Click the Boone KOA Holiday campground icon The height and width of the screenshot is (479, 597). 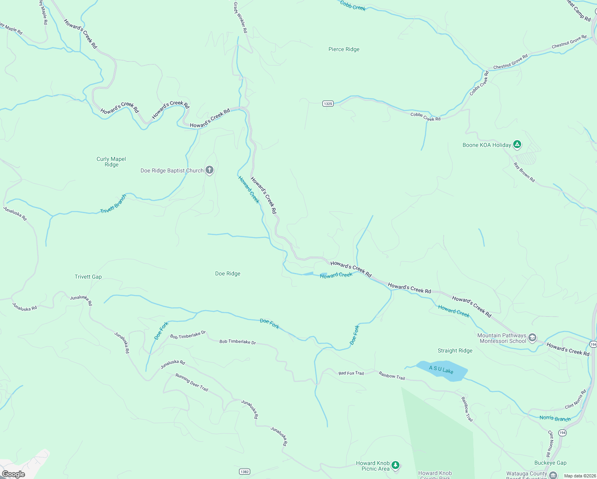pyautogui.click(x=517, y=144)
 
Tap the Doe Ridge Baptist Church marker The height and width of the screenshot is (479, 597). pyautogui.click(x=210, y=170)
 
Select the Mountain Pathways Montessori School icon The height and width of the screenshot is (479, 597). pyautogui.click(x=532, y=338)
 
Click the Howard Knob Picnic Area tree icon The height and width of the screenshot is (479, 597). pyautogui.click(x=395, y=465)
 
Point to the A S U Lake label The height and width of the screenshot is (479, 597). pyautogui.click(x=441, y=370)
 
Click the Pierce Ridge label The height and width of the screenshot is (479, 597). pyautogui.click(x=344, y=49)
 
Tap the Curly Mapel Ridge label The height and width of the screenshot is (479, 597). pyautogui.click(x=111, y=162)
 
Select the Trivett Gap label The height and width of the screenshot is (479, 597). pyautogui.click(x=88, y=277)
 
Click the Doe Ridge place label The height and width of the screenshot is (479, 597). pyautogui.click(x=227, y=273)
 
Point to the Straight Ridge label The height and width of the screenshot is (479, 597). pyautogui.click(x=455, y=350)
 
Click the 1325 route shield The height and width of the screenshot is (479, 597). pyautogui.click(x=328, y=104)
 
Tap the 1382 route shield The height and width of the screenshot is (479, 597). pyautogui.click(x=245, y=472)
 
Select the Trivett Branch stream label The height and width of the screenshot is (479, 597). pyautogui.click(x=113, y=204)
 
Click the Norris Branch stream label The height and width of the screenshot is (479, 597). pyautogui.click(x=555, y=418)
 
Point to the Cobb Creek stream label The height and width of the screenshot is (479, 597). pyautogui.click(x=353, y=6)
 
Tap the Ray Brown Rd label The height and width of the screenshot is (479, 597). pyautogui.click(x=524, y=172)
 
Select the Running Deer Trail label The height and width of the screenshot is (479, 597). pyautogui.click(x=192, y=382)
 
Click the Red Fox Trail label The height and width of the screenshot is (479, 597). pyautogui.click(x=351, y=373)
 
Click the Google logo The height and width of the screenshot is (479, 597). pyautogui.click(x=14, y=474)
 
